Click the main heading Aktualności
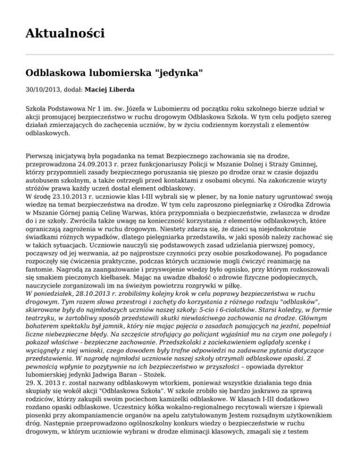click(x=65, y=33)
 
